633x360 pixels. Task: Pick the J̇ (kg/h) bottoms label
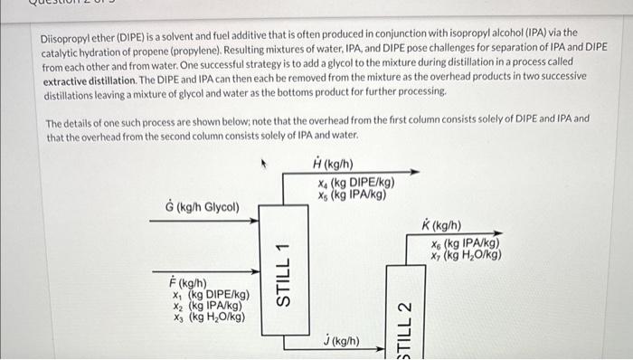click(341, 341)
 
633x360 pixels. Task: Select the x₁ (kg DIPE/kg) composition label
click(210, 294)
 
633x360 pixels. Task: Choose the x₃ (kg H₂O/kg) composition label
click(208, 317)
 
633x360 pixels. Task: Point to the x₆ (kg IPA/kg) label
click(465, 242)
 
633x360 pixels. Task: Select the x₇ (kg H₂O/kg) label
click(467, 254)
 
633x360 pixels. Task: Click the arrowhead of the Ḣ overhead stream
click(417, 172)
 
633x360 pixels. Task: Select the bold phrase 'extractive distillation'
click(90, 80)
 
